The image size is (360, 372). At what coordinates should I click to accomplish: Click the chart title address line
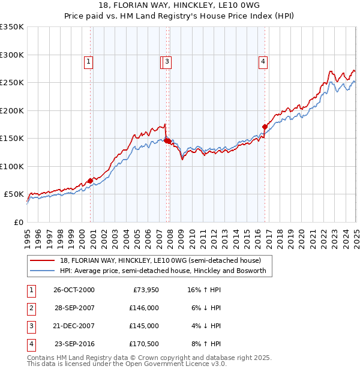coord(180,7)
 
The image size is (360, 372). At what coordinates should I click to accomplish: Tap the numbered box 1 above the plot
coord(88,60)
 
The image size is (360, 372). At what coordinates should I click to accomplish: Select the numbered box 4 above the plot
coord(263,60)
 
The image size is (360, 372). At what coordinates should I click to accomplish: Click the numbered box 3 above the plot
coord(167,60)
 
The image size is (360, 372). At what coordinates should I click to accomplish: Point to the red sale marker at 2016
coord(265,127)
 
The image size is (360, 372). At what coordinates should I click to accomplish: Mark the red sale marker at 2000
coord(91,181)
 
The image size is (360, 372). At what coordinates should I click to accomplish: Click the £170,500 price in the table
coord(143,344)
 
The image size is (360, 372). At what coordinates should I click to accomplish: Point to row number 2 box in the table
coord(30,308)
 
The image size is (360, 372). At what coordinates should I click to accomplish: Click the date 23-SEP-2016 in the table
coord(74,344)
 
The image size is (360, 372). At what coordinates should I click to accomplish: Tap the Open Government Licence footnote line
coord(127,364)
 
